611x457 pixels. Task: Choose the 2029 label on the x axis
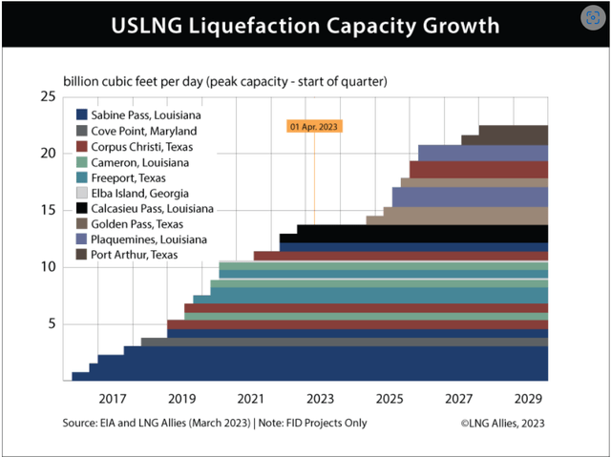point(527,398)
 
